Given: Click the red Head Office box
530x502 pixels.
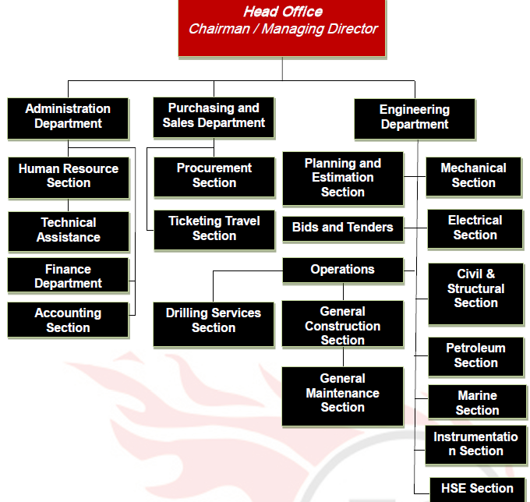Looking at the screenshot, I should pyautogui.click(x=282, y=28).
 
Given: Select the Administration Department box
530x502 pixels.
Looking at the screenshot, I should pyautogui.click(x=68, y=117).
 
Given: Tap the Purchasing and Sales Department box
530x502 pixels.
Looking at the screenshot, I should pyautogui.click(x=214, y=115).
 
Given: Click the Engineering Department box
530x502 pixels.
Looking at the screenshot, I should pyautogui.click(x=414, y=118).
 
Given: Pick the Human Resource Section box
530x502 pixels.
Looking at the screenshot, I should pyautogui.click(x=69, y=176).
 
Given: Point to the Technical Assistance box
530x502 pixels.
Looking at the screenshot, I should pyautogui.click(x=69, y=230).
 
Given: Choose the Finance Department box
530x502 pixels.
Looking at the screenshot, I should pyautogui.click(x=68, y=276).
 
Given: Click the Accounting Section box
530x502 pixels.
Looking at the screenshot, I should pyautogui.click(x=68, y=320).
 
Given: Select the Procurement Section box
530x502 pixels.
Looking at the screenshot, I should pyautogui.click(x=214, y=176).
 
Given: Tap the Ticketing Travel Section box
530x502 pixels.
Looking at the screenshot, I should pyautogui.click(x=214, y=229).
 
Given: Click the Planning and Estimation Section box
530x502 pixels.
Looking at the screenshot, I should pyautogui.click(x=343, y=178).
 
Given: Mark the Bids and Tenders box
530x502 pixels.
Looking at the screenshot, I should pyautogui.click(x=343, y=228).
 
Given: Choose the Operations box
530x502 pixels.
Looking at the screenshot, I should pyautogui.click(x=343, y=270).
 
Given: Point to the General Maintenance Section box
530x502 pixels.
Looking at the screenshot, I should pyautogui.click(x=343, y=394).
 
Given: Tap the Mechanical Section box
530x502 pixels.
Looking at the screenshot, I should pyautogui.click(x=474, y=175).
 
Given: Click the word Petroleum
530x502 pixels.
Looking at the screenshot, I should pyautogui.click(x=475, y=348).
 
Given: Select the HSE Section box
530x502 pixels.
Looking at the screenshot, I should pyautogui.click(x=477, y=489).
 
